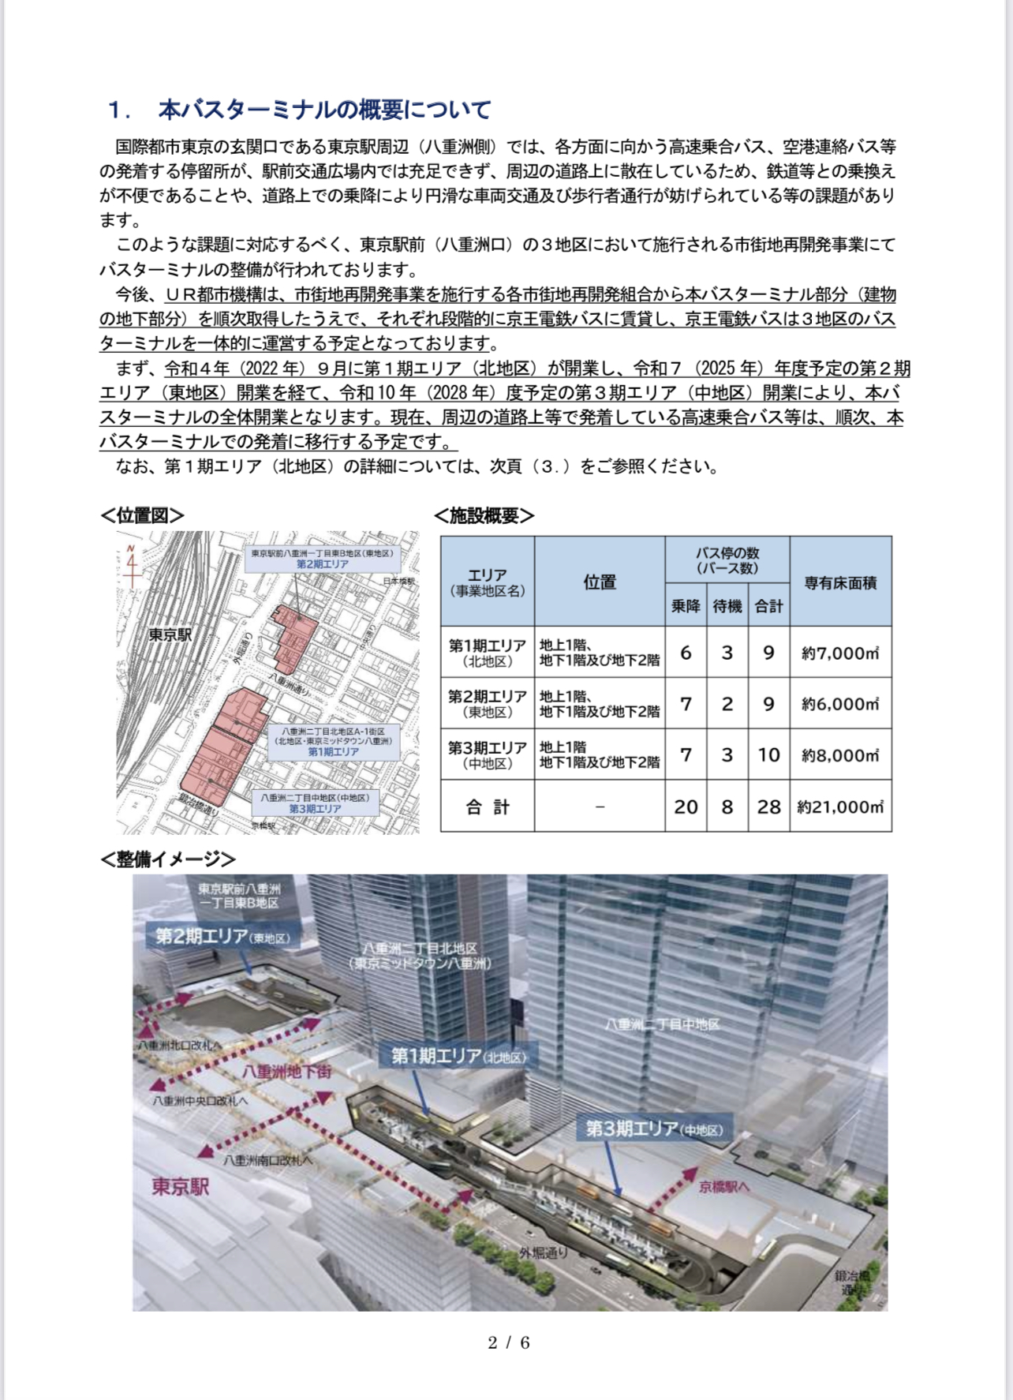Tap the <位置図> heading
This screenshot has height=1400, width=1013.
coord(143,515)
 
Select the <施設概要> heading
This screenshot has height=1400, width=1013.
coord(484,515)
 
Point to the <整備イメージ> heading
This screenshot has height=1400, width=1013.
coord(168,859)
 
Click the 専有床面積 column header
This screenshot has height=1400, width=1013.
coord(840,582)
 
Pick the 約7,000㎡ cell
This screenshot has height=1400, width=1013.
coord(840,653)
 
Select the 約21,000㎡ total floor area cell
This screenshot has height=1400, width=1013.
coord(840,807)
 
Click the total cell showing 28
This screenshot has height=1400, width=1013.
coord(768,807)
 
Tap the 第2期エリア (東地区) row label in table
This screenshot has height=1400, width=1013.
coord(488,704)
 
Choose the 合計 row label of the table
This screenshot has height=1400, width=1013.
coord(488,807)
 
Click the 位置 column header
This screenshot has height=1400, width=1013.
coord(600,582)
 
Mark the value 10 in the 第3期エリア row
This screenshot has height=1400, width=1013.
coord(768,755)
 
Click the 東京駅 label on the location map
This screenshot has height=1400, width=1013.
coord(170,634)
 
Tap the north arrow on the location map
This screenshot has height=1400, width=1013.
coord(132,564)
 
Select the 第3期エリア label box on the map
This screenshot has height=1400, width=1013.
coord(315,803)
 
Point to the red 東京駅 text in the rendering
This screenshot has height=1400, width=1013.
coord(181,1187)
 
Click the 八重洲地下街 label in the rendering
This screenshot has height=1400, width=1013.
coord(287,1071)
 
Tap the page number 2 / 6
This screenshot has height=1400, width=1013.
coord(509,1342)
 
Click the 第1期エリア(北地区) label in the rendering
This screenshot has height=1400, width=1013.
coord(458,1056)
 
